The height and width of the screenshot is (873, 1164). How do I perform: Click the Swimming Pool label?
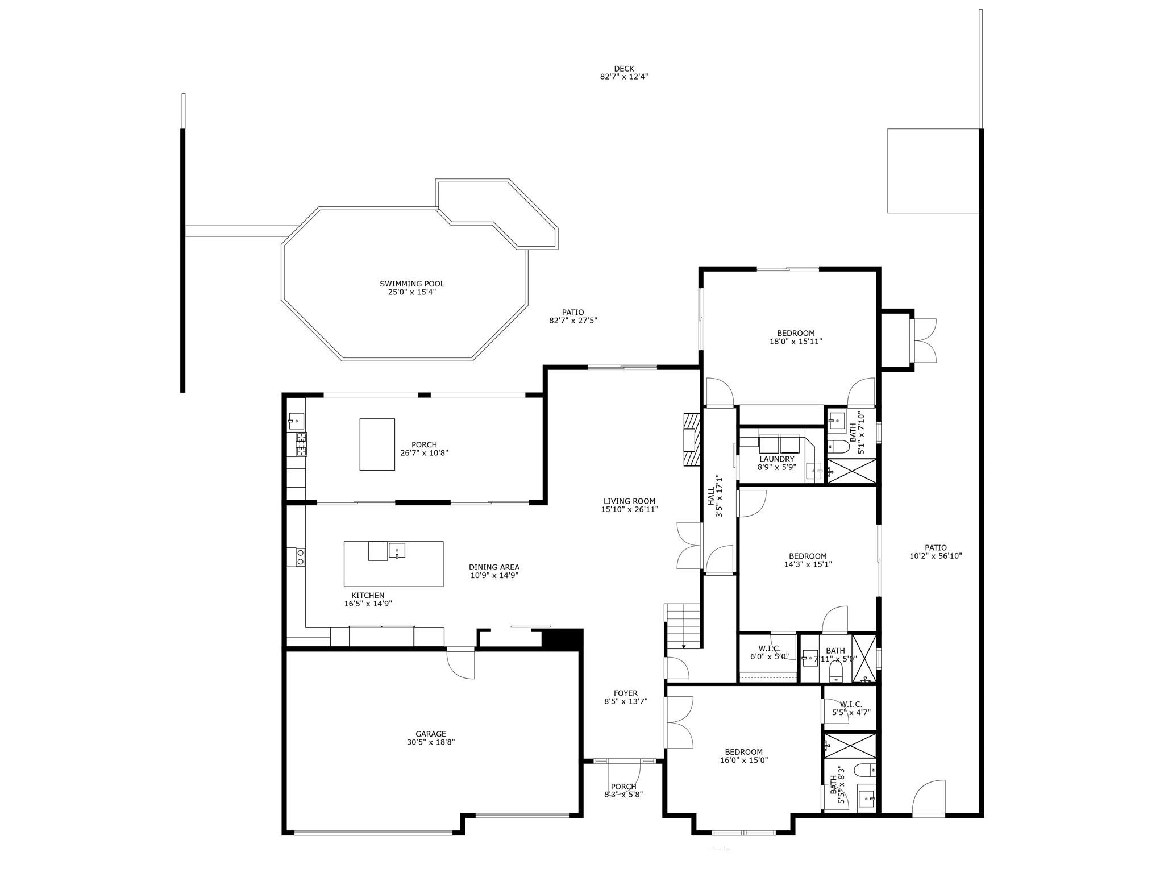click(x=412, y=284)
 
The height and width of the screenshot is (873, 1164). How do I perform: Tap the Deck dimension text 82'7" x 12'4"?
click(x=624, y=77)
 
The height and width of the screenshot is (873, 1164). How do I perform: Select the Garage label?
click(x=430, y=734)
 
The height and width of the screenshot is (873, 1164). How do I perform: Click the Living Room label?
click(x=629, y=501)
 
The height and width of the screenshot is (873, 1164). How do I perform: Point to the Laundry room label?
click(x=776, y=459)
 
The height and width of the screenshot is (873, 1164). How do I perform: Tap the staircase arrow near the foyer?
click(x=684, y=646)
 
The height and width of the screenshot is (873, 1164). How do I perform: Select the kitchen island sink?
click(x=397, y=550)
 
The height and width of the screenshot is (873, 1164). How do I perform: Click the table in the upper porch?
click(x=377, y=444)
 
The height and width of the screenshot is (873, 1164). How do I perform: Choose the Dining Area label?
click(x=494, y=567)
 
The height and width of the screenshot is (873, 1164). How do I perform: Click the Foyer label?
click(x=625, y=693)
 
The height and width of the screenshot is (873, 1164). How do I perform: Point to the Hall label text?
click(x=711, y=496)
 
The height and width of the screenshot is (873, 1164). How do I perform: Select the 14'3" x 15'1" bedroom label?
click(x=807, y=556)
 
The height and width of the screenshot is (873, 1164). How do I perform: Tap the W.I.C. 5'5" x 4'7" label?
click(x=851, y=705)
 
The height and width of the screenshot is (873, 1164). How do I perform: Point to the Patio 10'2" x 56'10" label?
click(x=936, y=548)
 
